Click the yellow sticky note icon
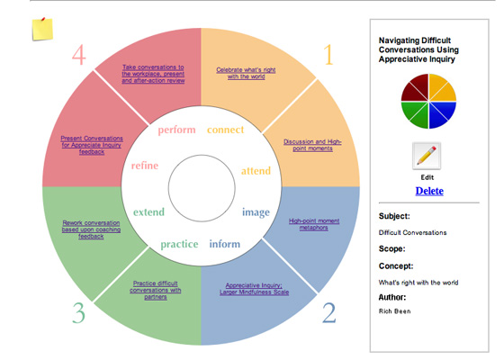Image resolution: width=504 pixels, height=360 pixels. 42,27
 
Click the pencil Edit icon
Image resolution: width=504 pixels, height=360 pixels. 427,156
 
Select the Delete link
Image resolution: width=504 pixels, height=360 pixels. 427,191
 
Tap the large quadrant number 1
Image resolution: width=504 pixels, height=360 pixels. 328,56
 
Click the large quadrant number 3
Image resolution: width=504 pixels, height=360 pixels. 79,313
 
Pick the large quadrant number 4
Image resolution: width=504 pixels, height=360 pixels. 79,56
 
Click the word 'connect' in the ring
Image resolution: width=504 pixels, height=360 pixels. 226,130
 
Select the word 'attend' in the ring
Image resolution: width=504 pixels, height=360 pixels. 256,170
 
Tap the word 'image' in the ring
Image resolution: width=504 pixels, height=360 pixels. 256,212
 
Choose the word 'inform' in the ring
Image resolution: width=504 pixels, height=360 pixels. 225,244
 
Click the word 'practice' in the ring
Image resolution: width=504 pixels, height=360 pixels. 179,244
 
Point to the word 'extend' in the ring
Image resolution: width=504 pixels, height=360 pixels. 148,212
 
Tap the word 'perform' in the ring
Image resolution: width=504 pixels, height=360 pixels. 176,130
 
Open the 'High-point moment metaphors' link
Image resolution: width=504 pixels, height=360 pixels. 309,224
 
